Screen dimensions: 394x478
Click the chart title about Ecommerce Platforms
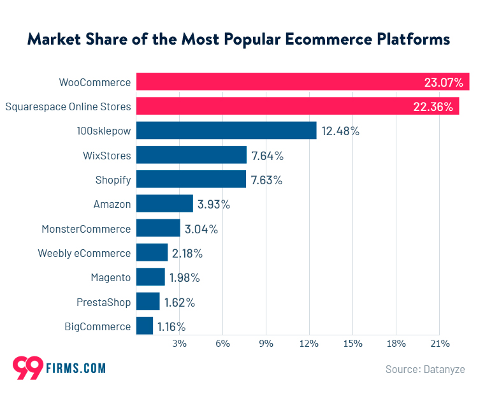click(238, 39)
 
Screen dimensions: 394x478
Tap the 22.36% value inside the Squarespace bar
click(433, 106)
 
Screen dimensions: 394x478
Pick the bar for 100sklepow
click(226, 131)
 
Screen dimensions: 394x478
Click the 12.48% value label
click(340, 131)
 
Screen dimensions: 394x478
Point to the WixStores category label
click(106, 156)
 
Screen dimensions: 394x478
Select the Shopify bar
click(191, 179)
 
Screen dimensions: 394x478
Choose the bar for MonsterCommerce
click(158, 228)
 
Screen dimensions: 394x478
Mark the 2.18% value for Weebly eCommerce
click(187, 253)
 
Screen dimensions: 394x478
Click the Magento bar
click(150, 277)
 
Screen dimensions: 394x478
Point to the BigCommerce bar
click(145, 326)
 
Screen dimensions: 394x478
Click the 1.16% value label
click(171, 326)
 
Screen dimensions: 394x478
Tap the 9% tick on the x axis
click(266, 343)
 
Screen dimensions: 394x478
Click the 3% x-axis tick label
click(179, 343)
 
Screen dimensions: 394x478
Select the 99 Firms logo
click(59, 368)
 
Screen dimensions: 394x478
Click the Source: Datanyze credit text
click(424, 369)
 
